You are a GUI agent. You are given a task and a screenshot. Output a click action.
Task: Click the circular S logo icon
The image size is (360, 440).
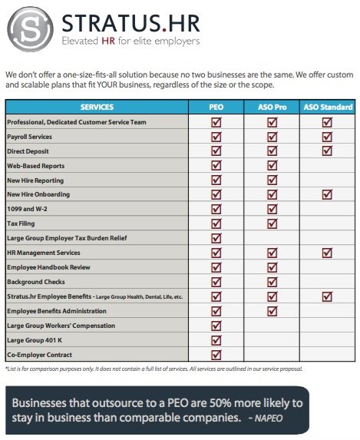click(28, 28)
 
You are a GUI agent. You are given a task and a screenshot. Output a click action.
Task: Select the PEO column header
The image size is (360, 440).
click(216, 107)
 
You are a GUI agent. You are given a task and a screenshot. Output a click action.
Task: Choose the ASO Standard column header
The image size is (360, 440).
click(328, 107)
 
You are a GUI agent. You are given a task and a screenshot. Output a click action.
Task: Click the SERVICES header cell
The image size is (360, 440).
click(96, 107)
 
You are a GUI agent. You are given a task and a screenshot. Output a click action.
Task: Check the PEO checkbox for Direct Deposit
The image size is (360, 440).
click(216, 151)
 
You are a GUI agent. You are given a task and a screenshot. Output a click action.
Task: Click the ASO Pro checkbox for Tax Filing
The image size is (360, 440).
click(271, 223)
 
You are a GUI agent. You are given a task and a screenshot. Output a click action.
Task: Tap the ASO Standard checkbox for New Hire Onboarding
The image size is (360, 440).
click(328, 195)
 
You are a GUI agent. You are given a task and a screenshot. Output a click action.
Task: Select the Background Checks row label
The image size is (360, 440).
click(36, 282)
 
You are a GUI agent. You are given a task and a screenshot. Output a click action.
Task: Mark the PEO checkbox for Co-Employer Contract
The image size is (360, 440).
click(216, 354)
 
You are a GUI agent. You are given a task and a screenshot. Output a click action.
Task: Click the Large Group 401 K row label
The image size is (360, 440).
click(34, 339)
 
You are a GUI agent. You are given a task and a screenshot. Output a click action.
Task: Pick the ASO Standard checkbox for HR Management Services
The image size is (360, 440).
click(328, 253)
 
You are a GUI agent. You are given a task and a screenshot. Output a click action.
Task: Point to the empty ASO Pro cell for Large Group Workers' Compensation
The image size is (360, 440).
click(271, 325)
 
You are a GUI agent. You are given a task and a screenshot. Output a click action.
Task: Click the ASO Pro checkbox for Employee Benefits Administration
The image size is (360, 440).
click(271, 310)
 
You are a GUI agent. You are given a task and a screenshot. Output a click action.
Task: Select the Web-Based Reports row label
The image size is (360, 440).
click(35, 166)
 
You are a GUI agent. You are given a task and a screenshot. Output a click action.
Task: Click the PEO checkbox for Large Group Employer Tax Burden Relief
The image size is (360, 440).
click(216, 238)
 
